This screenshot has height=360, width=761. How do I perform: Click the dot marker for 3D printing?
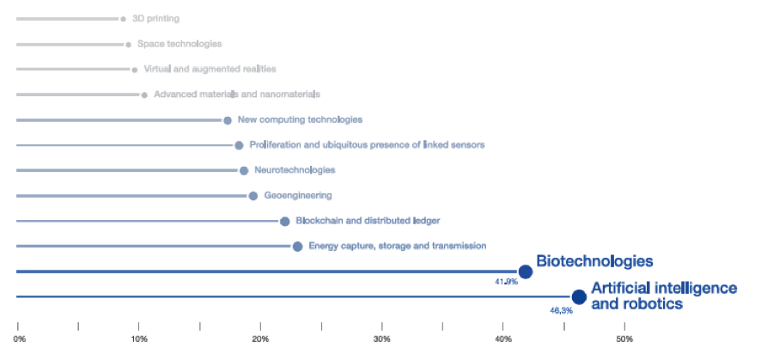pos(124,18)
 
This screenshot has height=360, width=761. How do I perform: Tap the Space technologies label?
pos(180,44)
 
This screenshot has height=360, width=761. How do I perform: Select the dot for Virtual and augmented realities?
pos(135,70)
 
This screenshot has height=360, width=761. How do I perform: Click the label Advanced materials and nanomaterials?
pos(236,95)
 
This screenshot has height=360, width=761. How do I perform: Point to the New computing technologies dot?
pos(228,120)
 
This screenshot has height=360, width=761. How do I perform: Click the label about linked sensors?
pos(367,145)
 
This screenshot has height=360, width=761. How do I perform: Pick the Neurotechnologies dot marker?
pos(244,171)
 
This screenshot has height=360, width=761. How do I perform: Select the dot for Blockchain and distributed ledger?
pos(285,222)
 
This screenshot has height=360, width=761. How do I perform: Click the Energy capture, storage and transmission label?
pos(397,247)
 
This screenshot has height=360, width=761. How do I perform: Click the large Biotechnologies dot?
pos(526,272)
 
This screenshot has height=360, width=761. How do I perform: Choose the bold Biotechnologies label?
pos(594,260)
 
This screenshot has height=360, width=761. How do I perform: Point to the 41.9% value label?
pos(506,282)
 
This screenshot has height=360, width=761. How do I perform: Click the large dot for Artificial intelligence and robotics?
pos(579,297)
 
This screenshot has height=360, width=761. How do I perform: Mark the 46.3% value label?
pos(561,310)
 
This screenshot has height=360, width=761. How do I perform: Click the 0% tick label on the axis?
pos(19,340)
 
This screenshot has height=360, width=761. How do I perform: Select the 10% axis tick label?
pos(139,340)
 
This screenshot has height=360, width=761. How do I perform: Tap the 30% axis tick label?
pos(382,340)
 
